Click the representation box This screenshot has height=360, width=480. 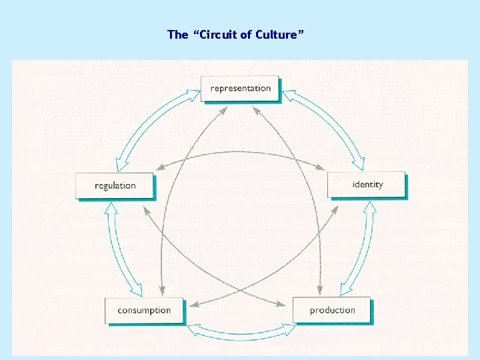(x=240, y=88)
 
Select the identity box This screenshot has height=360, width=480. (x=366, y=185)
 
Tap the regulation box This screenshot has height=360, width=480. (x=115, y=186)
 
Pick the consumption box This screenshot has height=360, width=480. (x=144, y=311)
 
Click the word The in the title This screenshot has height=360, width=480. (x=178, y=35)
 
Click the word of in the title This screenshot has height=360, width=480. (x=247, y=35)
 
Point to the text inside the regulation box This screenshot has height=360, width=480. (x=115, y=186)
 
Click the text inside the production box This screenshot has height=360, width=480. (x=332, y=311)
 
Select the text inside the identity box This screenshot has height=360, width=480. (x=368, y=185)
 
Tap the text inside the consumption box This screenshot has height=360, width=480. (x=144, y=311)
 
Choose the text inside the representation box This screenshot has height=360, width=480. (x=241, y=88)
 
